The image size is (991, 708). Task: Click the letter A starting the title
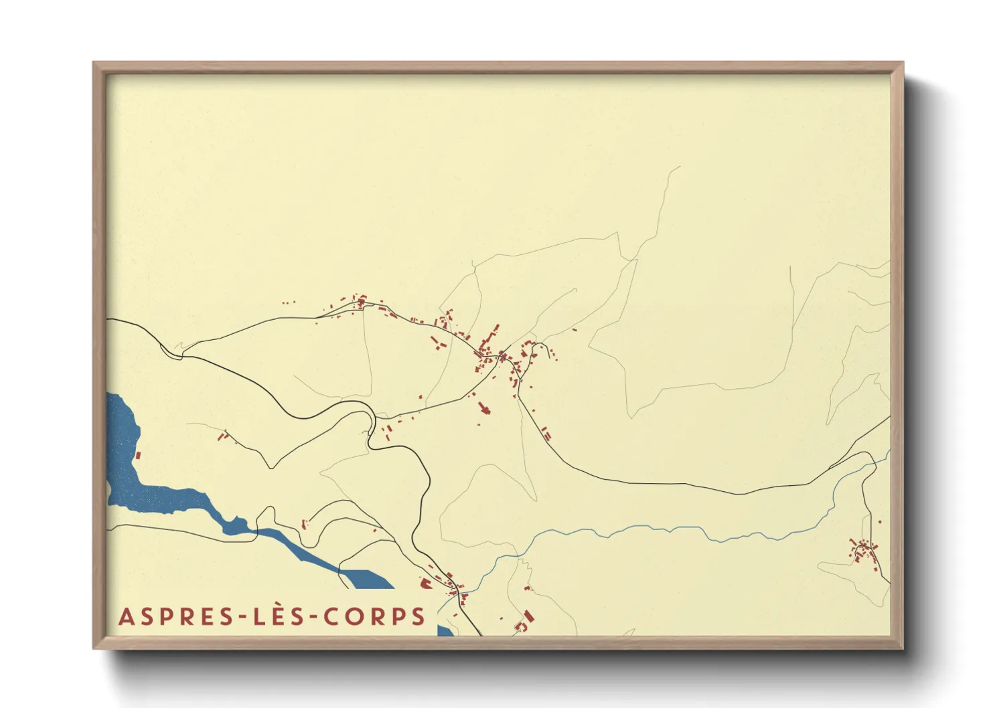127,617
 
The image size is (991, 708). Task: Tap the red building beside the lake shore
139,455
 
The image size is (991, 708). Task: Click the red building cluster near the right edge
864,552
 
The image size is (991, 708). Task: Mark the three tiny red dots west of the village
288,303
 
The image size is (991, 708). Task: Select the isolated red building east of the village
575,329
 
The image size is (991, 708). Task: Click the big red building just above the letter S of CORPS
425,584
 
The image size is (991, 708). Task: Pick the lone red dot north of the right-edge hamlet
880,521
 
